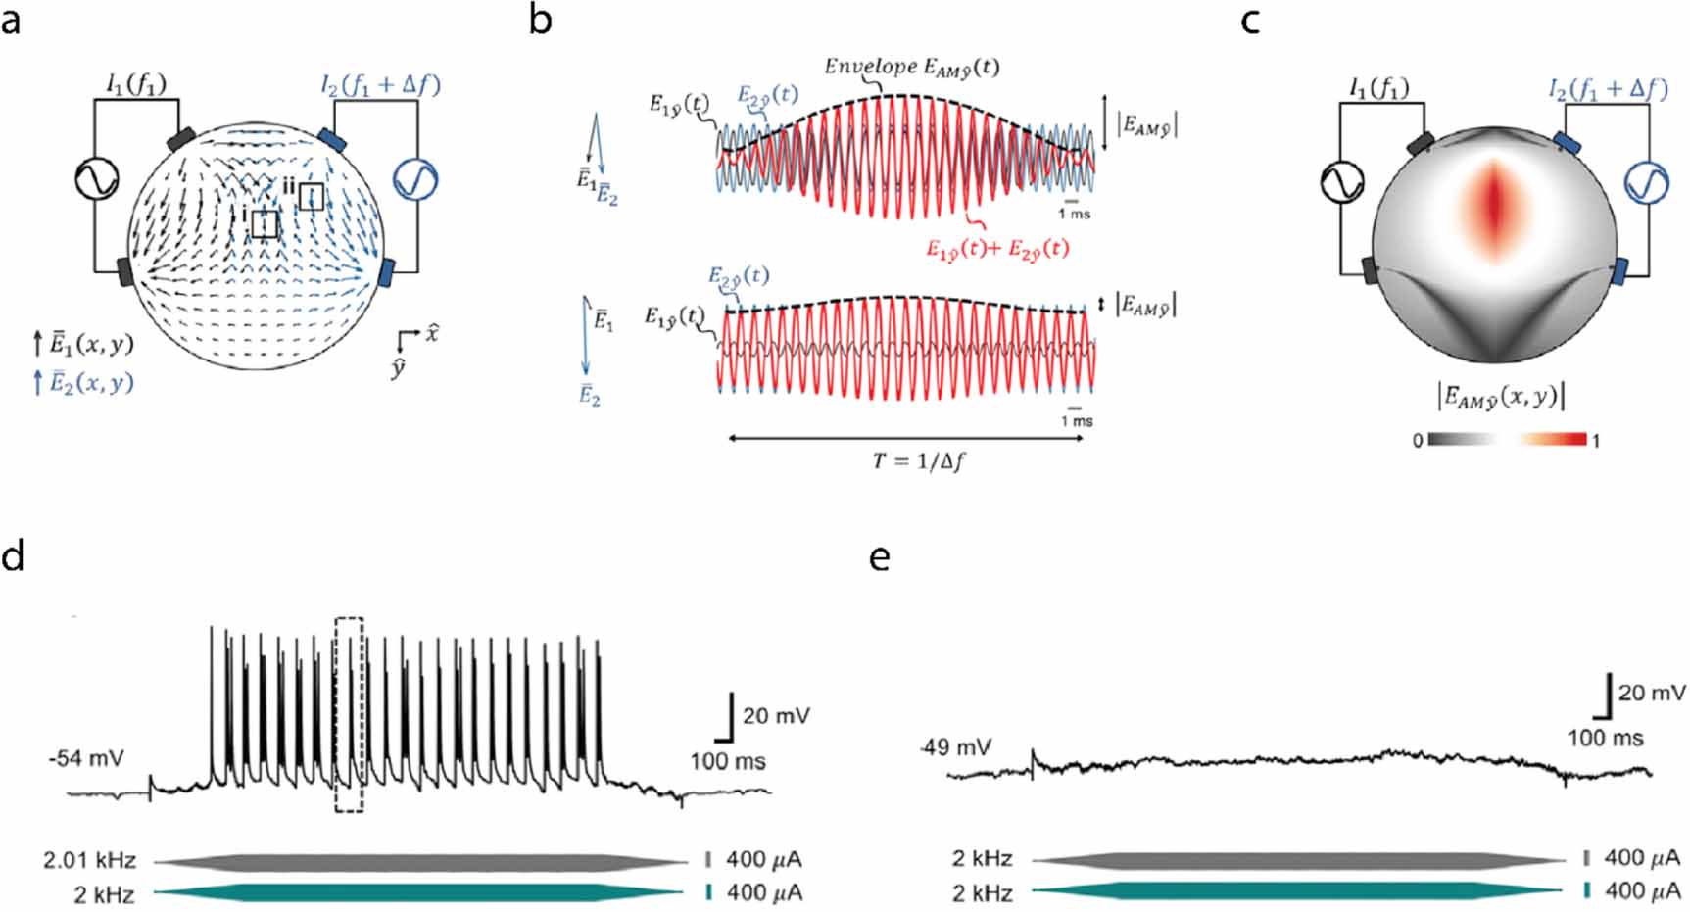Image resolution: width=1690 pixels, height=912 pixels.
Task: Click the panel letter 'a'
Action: tap(11, 20)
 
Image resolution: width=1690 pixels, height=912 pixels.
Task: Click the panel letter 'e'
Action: tap(880, 559)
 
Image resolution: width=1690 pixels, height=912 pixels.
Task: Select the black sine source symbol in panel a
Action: tap(98, 178)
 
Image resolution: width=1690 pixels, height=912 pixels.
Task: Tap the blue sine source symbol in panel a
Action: tap(414, 179)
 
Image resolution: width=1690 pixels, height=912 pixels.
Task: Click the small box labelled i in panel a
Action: tap(265, 224)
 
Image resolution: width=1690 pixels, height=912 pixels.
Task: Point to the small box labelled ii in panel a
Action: tap(312, 196)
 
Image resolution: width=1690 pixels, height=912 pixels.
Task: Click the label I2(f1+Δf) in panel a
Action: tap(380, 85)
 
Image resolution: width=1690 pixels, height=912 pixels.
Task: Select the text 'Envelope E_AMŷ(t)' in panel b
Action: tap(911, 67)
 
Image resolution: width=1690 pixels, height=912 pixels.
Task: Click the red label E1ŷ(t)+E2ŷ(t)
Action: tap(997, 249)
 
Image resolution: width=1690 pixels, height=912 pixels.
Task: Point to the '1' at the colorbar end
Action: tap(1596, 441)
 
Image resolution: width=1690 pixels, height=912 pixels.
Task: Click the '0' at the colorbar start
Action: tap(1418, 441)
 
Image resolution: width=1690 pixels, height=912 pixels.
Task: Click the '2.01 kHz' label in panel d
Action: tap(89, 861)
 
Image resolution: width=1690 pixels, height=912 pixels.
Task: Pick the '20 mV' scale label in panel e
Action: tap(1652, 694)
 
